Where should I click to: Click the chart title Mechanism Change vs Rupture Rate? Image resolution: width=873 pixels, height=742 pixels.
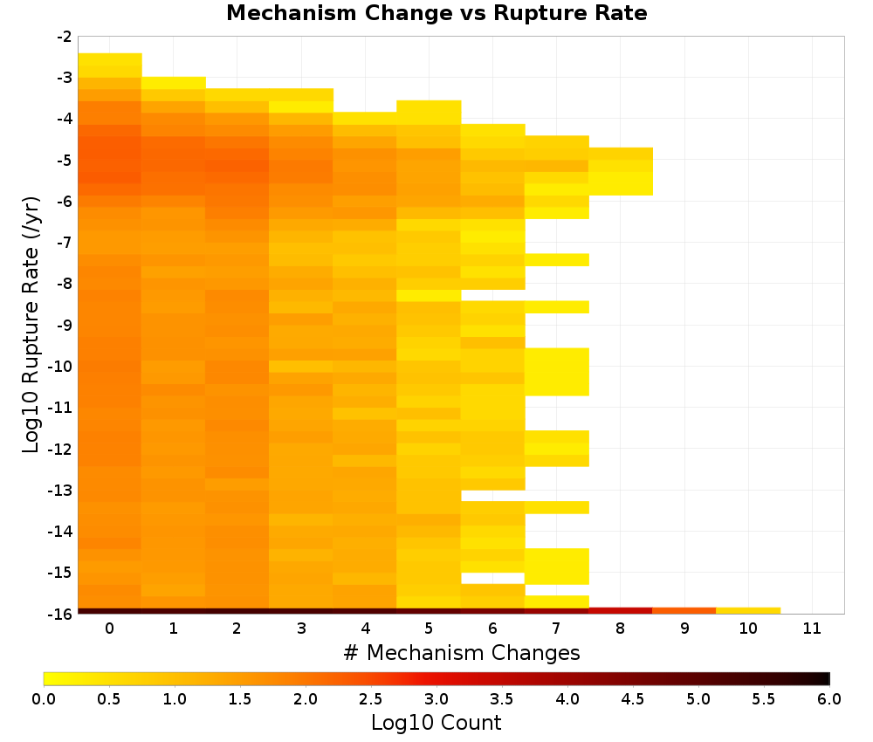click(x=436, y=13)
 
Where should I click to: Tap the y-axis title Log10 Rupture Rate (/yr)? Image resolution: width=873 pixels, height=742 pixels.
click(x=31, y=325)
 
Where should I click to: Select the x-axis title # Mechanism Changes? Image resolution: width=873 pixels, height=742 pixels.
click(x=462, y=652)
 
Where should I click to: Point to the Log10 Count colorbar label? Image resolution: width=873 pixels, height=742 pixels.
click(x=436, y=723)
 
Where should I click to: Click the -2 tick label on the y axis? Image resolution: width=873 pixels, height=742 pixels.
click(x=65, y=37)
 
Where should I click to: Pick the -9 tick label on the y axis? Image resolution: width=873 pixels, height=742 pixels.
click(x=65, y=325)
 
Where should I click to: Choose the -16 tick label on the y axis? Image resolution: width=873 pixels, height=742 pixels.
click(x=61, y=614)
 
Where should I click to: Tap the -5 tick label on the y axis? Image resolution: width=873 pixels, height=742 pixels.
click(x=65, y=161)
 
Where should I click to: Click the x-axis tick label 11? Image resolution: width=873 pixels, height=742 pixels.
click(x=812, y=629)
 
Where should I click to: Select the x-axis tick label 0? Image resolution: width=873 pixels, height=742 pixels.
click(x=110, y=629)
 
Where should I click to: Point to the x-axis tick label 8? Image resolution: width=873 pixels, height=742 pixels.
click(x=620, y=629)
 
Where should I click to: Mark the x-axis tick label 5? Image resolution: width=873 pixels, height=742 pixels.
click(x=429, y=629)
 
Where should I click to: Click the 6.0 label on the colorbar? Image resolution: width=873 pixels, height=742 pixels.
click(x=829, y=698)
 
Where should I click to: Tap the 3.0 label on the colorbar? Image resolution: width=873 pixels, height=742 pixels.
click(x=436, y=698)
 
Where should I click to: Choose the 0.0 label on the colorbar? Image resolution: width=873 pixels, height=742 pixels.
click(x=44, y=698)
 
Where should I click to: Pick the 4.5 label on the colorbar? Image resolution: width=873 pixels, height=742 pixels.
click(x=633, y=698)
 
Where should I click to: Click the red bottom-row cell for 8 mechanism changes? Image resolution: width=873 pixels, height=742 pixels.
click(x=621, y=611)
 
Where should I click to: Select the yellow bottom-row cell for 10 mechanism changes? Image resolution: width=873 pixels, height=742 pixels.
click(x=748, y=611)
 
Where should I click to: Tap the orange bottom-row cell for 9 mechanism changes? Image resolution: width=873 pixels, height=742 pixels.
click(x=684, y=611)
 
